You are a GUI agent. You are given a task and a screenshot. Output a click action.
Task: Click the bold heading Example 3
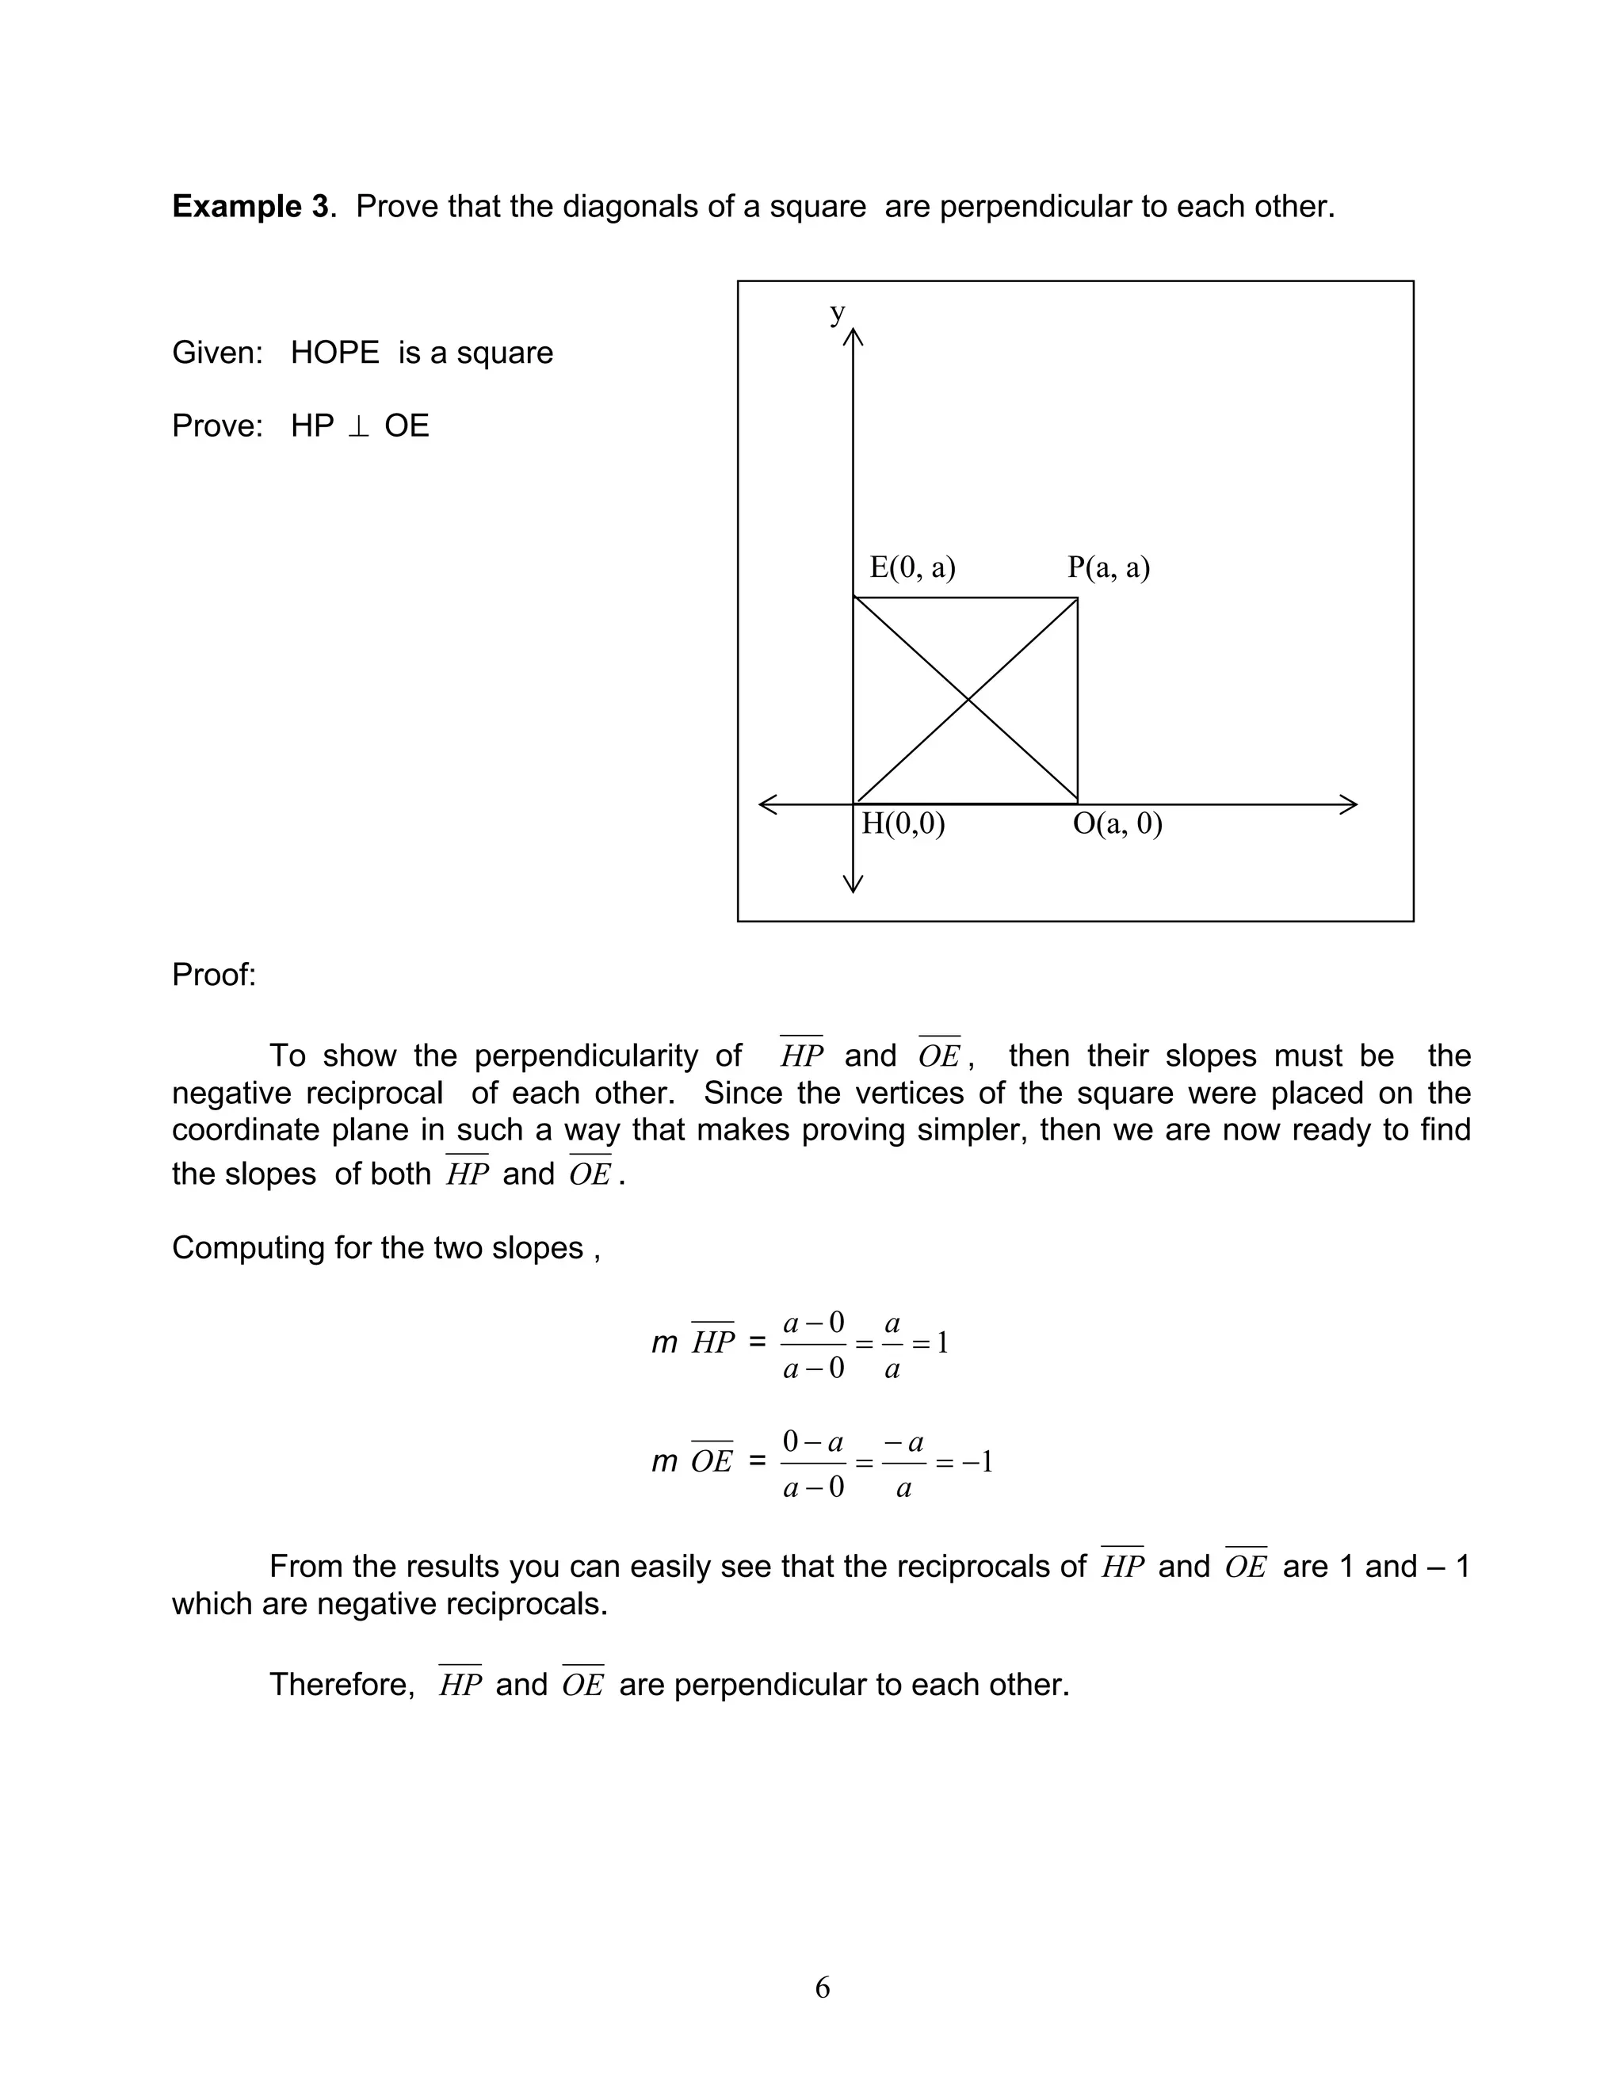[250, 207]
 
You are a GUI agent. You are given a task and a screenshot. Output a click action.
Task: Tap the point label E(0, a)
[911, 567]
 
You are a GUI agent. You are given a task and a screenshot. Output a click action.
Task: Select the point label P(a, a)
[1108, 567]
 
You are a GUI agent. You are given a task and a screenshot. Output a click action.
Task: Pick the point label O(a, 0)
[1117, 824]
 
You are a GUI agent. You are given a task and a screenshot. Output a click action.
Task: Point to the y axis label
[838, 312]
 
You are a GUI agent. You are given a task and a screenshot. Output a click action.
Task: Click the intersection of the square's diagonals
[965, 701]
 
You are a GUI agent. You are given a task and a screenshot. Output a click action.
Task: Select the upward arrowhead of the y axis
[853, 337]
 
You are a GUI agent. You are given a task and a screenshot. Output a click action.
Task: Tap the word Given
[216, 353]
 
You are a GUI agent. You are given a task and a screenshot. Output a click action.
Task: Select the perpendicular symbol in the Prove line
[359, 426]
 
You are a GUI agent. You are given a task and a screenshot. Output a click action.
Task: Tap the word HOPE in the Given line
[334, 353]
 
